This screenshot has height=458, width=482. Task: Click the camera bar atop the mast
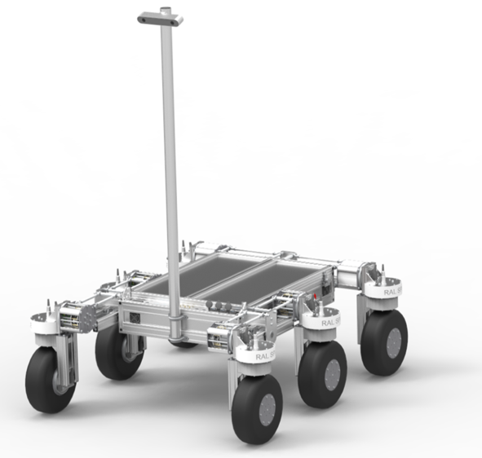(x=161, y=17)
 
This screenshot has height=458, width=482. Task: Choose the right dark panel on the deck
(x=269, y=281)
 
